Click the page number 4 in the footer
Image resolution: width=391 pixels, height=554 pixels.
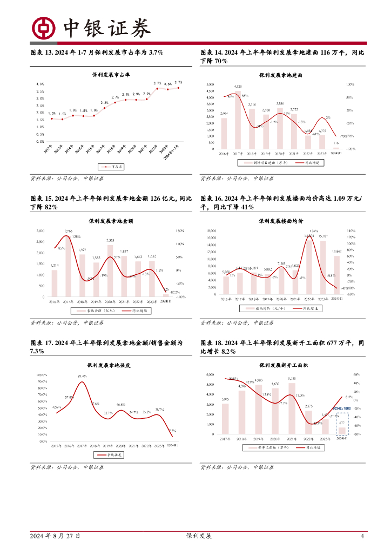pyautogui.click(x=362, y=536)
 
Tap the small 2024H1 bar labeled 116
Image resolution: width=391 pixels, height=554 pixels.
pyautogui.click(x=336, y=148)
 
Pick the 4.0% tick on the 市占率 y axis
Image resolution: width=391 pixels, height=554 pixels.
pyautogui.click(x=41, y=84)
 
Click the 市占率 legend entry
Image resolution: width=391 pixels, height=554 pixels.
pyautogui.click(x=111, y=167)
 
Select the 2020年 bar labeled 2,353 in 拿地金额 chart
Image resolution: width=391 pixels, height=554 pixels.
pyautogui.click(x=110, y=271)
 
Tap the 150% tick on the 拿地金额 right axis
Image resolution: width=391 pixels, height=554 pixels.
pyautogui.click(x=181, y=231)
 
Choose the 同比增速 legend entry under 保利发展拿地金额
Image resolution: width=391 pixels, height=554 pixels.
pyautogui.click(x=140, y=311)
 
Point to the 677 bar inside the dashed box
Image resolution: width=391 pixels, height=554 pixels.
pyautogui.click(x=342, y=431)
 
